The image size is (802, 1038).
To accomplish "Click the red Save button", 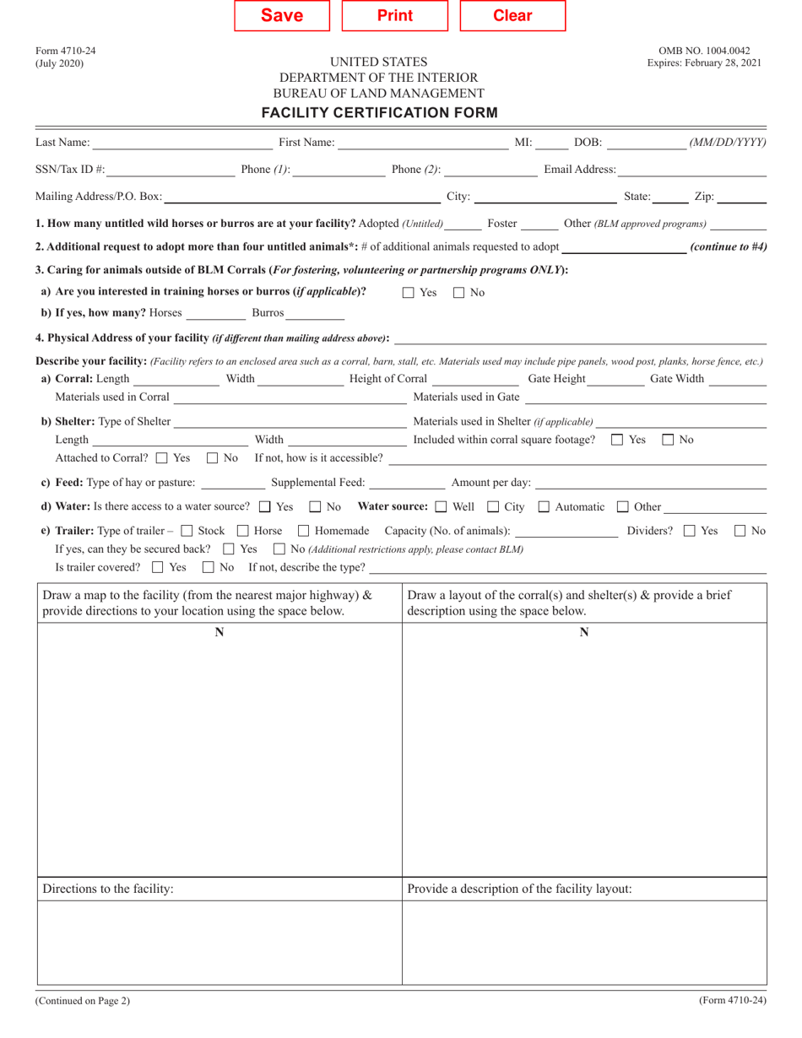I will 282,15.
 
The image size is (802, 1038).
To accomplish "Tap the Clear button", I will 512,15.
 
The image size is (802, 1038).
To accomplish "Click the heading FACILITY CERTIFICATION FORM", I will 379,112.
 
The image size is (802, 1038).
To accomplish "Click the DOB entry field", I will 646,142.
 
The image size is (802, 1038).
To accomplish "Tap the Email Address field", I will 691,170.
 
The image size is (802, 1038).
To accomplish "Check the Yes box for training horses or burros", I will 409,293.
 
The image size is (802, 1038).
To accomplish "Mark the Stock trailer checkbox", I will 187,531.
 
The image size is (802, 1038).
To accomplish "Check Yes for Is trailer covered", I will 158,566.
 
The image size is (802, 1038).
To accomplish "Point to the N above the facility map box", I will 219,632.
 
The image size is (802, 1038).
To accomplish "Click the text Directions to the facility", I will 108,889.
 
